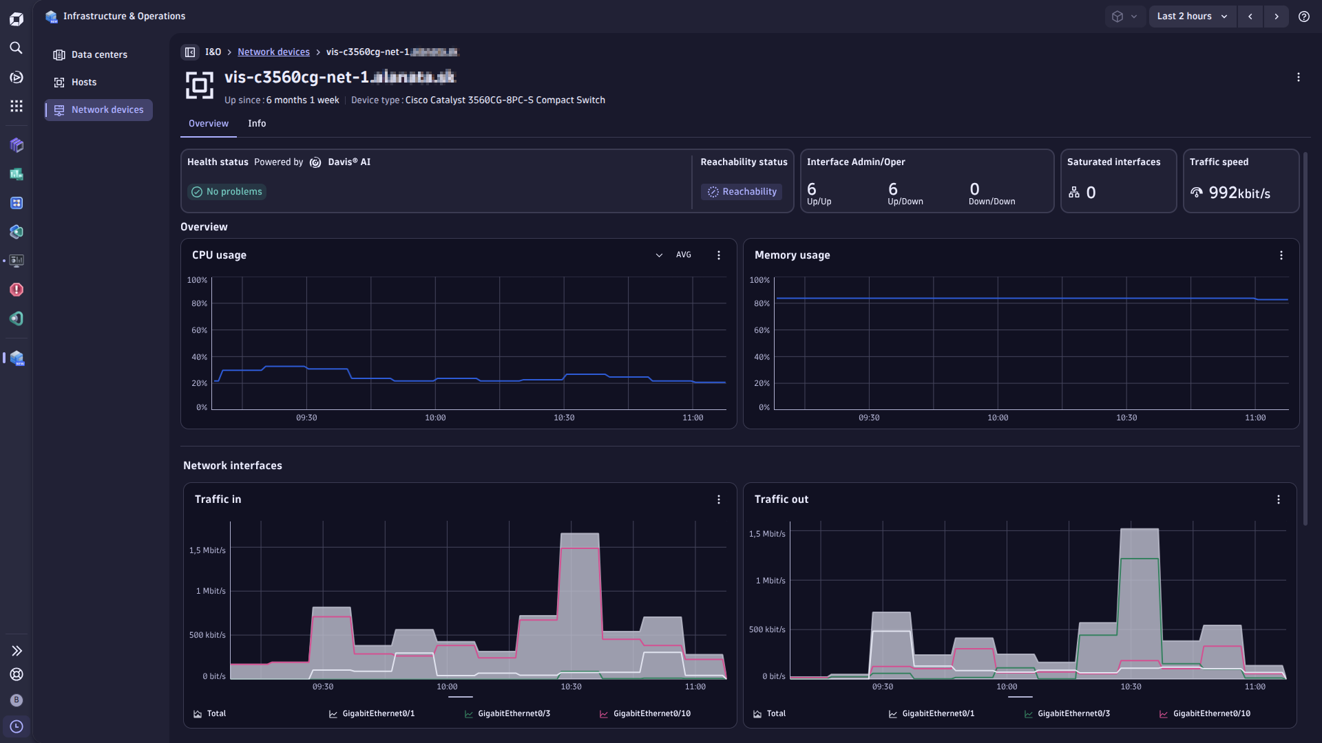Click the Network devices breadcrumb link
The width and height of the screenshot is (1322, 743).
(x=273, y=52)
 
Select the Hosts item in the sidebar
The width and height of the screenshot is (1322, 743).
(x=83, y=83)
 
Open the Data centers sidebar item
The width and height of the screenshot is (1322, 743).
(x=98, y=55)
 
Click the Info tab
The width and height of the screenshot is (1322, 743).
(x=257, y=124)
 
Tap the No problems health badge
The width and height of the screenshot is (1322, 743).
(x=227, y=192)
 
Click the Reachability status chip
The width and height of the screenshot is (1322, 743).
(x=742, y=192)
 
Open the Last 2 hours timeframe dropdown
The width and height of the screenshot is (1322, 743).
(x=1192, y=17)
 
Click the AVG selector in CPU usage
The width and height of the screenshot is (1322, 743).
(x=682, y=255)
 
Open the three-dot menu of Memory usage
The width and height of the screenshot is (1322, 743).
(x=1281, y=255)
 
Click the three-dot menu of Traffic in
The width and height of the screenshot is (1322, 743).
(x=719, y=500)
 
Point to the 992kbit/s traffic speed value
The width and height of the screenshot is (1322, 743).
(x=1239, y=193)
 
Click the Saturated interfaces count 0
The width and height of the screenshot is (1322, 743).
(x=1091, y=193)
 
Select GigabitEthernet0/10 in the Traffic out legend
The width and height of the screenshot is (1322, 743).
(x=1211, y=714)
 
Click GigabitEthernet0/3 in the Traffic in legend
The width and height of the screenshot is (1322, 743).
(x=514, y=714)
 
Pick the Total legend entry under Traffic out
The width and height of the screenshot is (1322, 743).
(x=775, y=714)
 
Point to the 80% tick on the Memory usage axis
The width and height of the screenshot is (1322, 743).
(x=762, y=304)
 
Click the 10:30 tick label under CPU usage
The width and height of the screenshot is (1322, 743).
(x=564, y=418)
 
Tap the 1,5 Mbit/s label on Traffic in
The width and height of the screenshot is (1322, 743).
(x=207, y=551)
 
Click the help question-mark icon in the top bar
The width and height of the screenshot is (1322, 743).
(x=1303, y=17)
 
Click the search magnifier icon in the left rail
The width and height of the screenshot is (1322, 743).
(x=17, y=48)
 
